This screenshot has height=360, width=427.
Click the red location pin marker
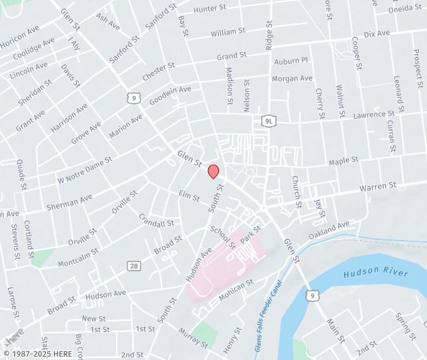(213, 171)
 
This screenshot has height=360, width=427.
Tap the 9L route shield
(268, 121)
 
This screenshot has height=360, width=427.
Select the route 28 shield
(134, 266)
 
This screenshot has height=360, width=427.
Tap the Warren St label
(378, 187)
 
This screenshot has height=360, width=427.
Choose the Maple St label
(344, 161)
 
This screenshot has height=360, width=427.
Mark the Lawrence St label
(374, 115)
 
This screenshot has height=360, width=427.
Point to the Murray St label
(193, 337)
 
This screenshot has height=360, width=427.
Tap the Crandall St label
(156, 219)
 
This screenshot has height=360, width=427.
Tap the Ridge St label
(270, 34)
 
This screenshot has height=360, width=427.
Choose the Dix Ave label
(377, 33)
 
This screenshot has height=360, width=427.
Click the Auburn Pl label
(291, 61)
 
